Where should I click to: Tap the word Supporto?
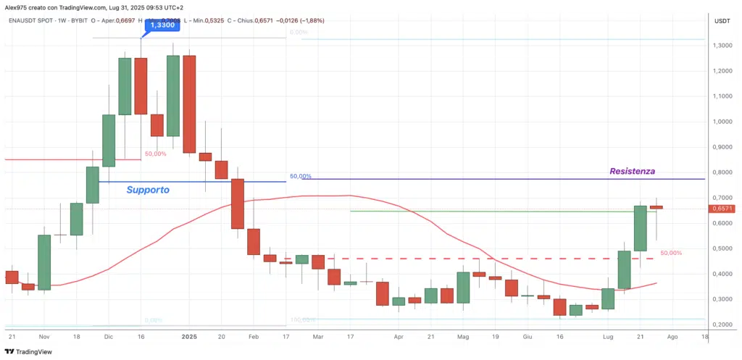coord(148,190)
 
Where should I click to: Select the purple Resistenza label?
coord(633,172)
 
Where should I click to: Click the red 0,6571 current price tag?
coord(722,209)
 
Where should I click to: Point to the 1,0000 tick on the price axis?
coord(722,122)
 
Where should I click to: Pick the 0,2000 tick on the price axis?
coord(722,325)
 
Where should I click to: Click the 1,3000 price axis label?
coord(722,46)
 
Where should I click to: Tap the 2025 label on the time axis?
coord(189,337)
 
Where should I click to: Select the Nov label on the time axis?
coord(43,337)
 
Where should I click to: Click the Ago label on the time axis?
coord(672,337)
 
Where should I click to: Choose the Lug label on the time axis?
coord(607,337)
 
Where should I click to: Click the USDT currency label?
coord(722,21)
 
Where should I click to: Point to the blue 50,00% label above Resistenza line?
coord(301,176)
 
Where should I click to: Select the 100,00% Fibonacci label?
coord(303,319)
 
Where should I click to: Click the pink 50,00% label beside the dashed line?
coord(671,253)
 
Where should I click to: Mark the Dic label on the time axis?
coord(108,337)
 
